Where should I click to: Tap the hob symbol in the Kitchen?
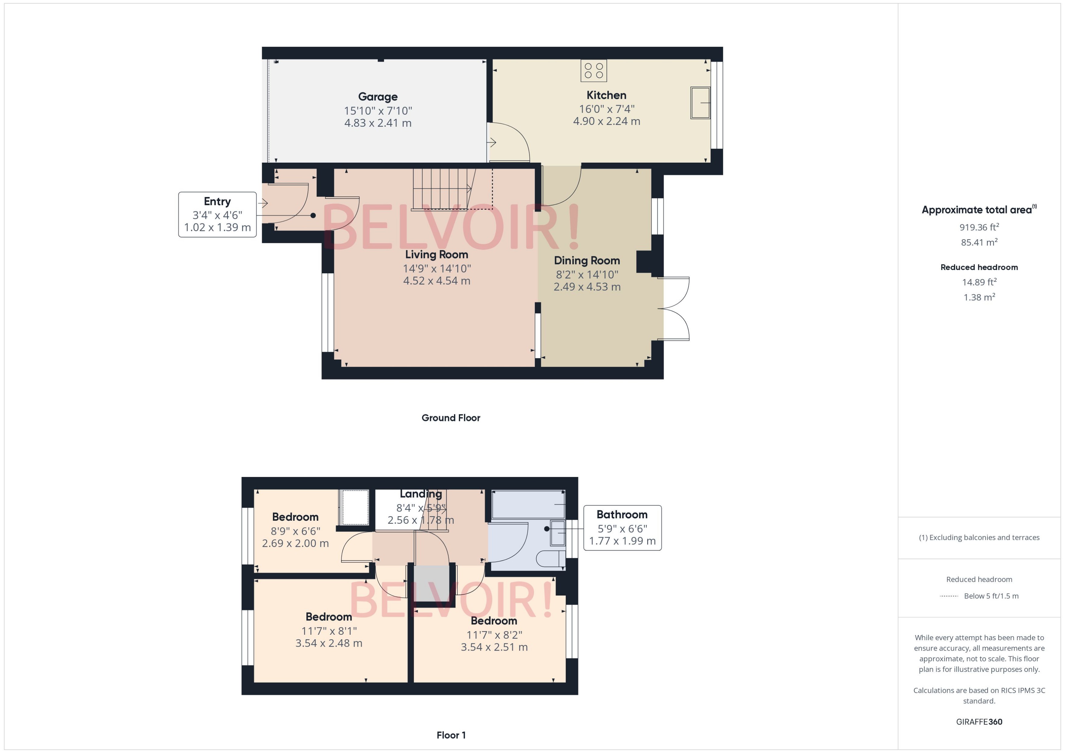coord(594,71)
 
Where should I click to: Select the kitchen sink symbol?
coord(700,102)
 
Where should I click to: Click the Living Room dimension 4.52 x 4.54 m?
coord(436,281)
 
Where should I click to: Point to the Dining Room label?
coord(587,260)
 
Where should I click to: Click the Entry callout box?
coord(217,214)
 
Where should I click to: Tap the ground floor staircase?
coord(441,189)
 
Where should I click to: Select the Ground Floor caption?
coord(451,418)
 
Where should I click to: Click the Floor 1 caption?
coord(451,735)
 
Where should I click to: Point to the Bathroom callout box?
coord(622,528)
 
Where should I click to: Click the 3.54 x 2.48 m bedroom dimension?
coord(329,643)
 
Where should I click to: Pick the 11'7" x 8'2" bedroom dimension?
coord(494,634)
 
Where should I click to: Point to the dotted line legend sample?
coord(948,596)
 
